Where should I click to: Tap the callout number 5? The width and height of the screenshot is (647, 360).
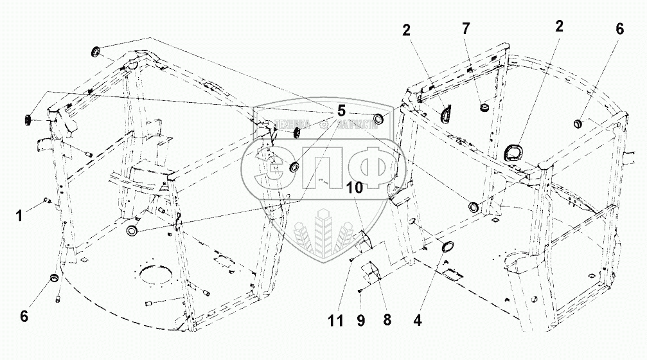coord(341,111)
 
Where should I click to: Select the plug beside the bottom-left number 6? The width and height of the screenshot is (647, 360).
coord(55,278)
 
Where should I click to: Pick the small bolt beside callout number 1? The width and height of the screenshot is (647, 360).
coord(46,201)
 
